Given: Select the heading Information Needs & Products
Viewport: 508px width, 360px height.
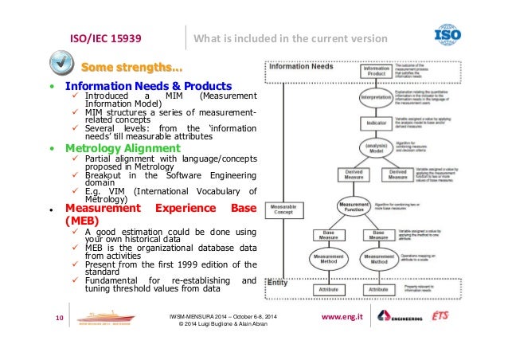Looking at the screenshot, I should pyautogui.click(x=148, y=86).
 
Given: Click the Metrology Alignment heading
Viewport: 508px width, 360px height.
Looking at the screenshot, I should pyautogui.click(x=123, y=147).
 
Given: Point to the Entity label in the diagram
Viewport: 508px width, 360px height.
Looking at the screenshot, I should pyautogui.click(x=278, y=282).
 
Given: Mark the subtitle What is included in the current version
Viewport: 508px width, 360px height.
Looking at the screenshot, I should pyautogui.click(x=291, y=39).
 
